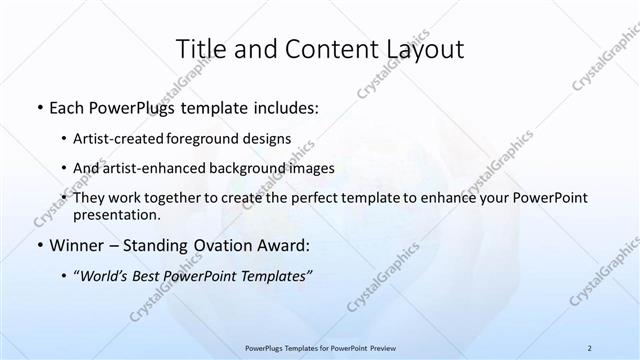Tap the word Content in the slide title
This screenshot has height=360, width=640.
(322, 50)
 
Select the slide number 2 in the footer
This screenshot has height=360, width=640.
(590, 347)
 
